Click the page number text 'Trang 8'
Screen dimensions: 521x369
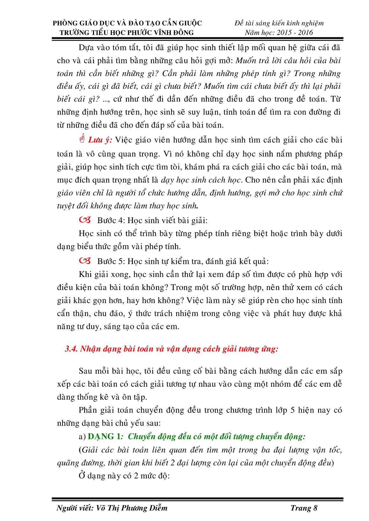click(304, 508)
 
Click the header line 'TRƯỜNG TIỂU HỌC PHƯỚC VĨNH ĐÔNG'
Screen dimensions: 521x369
click(127, 32)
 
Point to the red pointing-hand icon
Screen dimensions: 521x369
click(82, 139)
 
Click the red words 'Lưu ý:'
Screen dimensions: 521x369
click(100, 140)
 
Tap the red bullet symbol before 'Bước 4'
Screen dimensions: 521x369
click(85, 220)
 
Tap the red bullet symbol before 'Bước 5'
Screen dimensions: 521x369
click(85, 261)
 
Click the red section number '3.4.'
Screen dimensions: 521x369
click(71, 349)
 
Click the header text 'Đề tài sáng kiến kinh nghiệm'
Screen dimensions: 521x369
click(279, 23)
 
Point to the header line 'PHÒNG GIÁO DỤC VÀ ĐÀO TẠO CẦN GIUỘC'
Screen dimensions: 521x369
click(127, 23)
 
